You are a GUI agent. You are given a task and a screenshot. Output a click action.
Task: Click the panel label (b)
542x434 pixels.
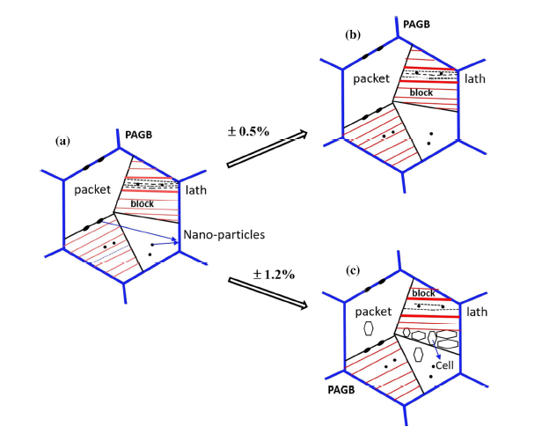350,37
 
